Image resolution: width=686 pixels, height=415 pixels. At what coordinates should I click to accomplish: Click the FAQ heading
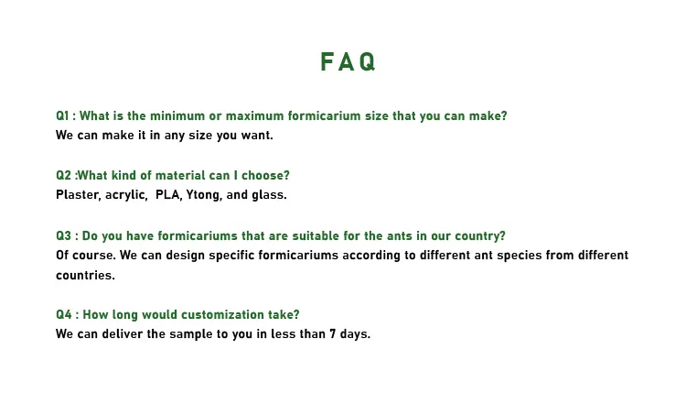[x=348, y=61]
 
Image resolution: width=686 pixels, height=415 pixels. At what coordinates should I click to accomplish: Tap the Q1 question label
[x=62, y=115]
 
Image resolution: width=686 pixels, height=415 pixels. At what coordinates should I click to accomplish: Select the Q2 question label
[x=63, y=175]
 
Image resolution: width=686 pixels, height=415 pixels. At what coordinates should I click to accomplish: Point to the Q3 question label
[x=63, y=235]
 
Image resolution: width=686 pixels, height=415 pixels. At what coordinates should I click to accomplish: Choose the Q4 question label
[x=64, y=314]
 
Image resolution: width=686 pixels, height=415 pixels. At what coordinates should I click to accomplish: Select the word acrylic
[x=126, y=195]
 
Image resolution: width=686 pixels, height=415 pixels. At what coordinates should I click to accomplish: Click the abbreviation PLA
[x=168, y=194]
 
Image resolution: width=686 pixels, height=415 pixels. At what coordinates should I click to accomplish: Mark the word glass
[x=269, y=195]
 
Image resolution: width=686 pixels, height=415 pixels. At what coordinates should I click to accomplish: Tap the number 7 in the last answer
[x=333, y=334]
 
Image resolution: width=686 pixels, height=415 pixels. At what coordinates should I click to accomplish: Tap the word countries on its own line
[x=85, y=275]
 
